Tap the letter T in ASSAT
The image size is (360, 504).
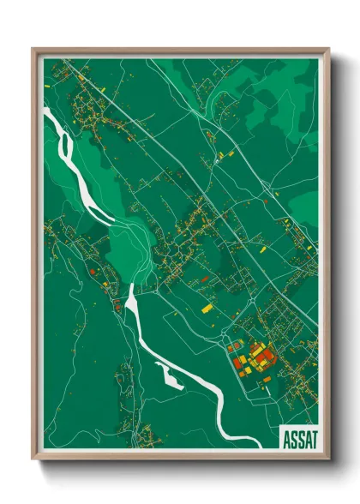[314, 439]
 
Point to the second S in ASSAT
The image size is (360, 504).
[299, 439]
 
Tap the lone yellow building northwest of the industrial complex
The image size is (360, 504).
[206, 308]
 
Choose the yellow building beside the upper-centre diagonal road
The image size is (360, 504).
[221, 156]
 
